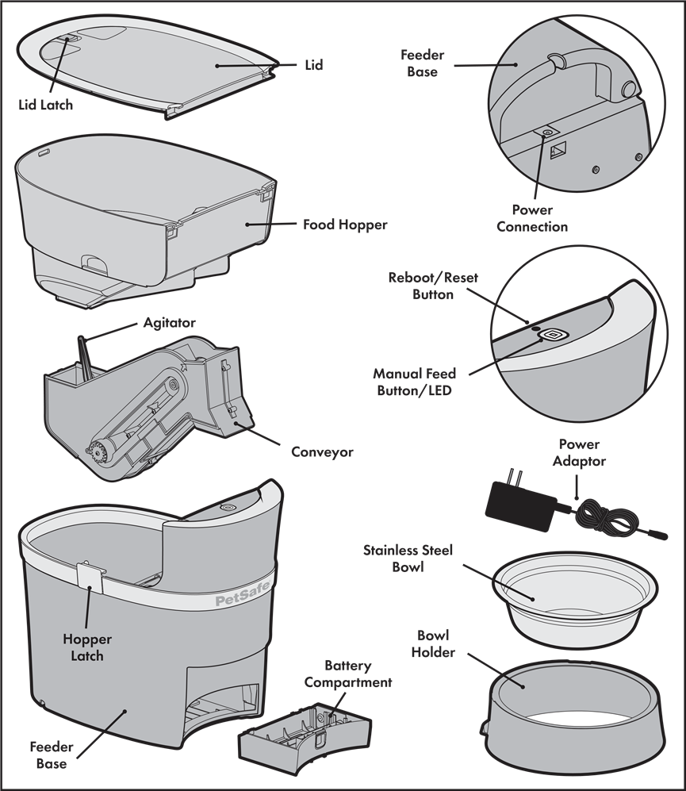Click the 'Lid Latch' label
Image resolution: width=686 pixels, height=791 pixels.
pos(45,105)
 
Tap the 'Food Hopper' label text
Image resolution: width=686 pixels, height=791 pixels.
pos(345,225)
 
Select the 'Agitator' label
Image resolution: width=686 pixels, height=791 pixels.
pos(170,323)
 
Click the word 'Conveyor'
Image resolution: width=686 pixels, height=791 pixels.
pos(322,452)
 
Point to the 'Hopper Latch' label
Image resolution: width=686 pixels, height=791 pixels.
pos(86,647)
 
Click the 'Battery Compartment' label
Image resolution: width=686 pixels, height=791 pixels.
pos(348,674)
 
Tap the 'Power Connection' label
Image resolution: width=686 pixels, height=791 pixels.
pos(532,218)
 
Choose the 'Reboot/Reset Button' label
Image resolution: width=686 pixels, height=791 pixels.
pos(433,286)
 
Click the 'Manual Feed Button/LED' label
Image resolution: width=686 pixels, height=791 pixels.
pos(414,382)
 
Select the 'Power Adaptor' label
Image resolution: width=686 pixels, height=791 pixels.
pos(579,452)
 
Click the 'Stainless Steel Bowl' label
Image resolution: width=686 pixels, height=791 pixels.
pos(408,558)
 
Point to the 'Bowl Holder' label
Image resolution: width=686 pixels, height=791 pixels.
pos(433,643)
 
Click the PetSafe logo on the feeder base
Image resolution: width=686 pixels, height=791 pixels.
pos(243,594)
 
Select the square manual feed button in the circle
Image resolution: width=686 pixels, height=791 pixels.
pos(553,335)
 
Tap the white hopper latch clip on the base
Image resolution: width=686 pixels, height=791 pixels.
pos(90,578)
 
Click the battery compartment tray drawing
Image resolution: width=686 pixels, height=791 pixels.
pos(305,733)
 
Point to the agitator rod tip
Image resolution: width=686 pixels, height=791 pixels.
pos(79,337)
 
